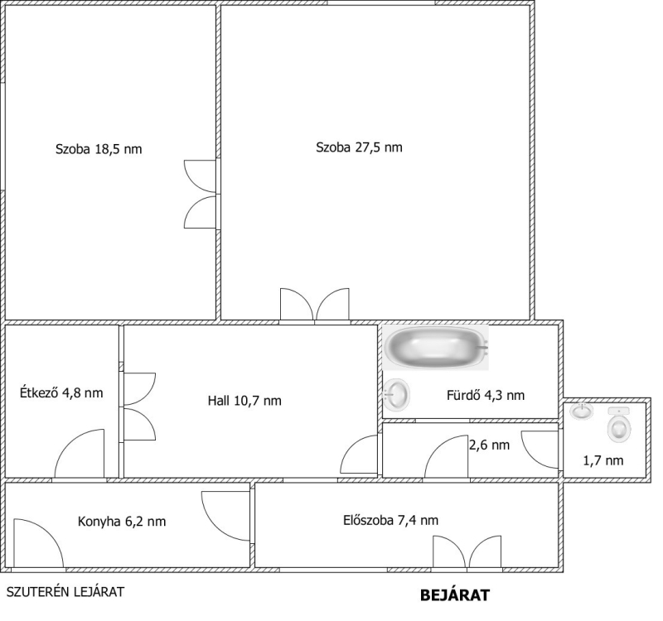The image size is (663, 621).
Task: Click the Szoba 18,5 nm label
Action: [x=99, y=149]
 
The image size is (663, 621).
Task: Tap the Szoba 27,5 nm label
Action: [x=359, y=147]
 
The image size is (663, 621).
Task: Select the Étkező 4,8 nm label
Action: [x=61, y=392]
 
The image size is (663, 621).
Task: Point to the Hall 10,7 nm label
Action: [x=244, y=400]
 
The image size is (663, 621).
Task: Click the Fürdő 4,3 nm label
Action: [x=486, y=395]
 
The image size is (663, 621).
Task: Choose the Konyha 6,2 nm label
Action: [x=122, y=522]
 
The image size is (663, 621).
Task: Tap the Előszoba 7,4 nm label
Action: [x=390, y=520]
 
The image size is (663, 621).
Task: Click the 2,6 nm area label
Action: [x=489, y=445]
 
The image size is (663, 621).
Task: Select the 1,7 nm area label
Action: [x=603, y=460]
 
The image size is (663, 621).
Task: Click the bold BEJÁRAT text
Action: [x=455, y=595]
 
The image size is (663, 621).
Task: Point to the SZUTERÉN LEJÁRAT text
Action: [x=65, y=592]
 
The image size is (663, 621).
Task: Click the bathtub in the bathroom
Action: [x=436, y=347]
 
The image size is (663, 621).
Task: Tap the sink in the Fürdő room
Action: [x=397, y=394]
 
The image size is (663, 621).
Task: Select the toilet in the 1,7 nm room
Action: [x=619, y=425]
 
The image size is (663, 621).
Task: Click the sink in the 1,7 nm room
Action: [x=582, y=411]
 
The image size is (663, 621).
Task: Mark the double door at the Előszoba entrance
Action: [x=467, y=552]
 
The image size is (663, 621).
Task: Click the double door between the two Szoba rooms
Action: [x=201, y=195]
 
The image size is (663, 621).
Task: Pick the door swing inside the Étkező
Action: [x=80, y=454]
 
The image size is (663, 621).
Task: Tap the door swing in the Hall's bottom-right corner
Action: [x=359, y=454]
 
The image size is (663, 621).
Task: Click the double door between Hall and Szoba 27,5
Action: [x=315, y=304]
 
